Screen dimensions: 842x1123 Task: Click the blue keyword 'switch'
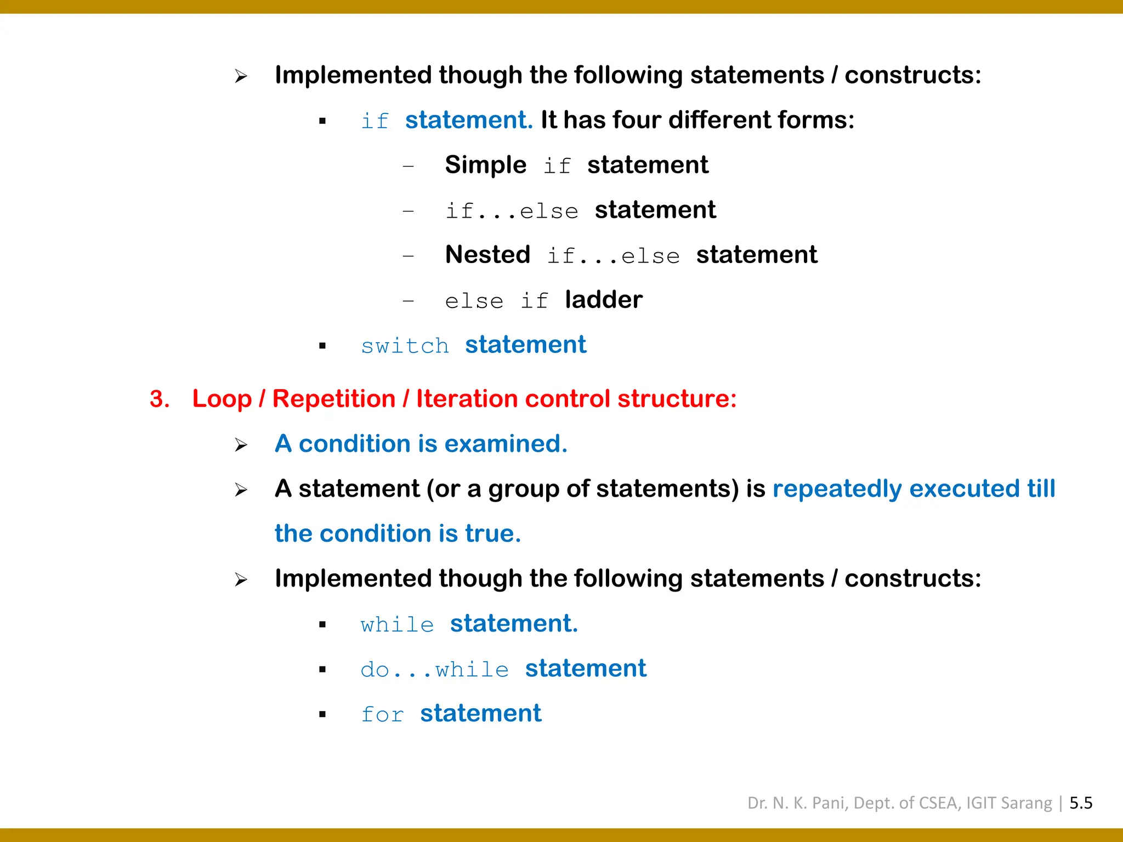405,346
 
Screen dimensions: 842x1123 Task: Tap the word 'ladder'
603,300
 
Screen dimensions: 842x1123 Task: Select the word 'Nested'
487,255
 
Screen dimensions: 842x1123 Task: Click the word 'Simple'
485,165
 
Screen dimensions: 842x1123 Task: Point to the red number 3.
159,399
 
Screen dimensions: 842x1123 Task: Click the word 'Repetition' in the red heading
333,399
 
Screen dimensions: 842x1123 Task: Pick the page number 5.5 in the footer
1081,803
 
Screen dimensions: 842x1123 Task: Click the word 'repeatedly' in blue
837,489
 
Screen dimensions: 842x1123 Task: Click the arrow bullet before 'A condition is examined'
241,445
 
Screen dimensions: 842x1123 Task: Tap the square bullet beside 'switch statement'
322,346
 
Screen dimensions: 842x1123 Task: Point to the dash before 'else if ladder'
408,301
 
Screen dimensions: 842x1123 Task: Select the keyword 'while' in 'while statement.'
397,625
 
